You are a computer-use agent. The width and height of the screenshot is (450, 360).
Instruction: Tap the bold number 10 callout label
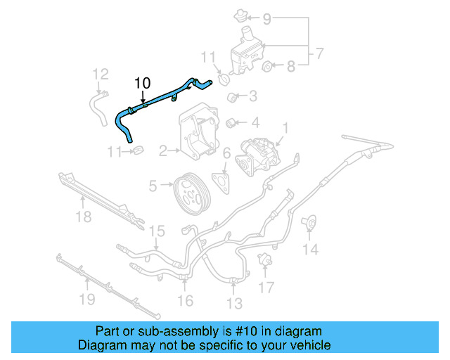click(x=142, y=83)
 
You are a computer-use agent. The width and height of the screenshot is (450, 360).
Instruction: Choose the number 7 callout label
click(x=319, y=53)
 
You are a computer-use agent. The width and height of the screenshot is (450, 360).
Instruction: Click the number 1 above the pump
click(x=285, y=128)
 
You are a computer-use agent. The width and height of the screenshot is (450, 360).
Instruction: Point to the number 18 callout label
click(x=83, y=217)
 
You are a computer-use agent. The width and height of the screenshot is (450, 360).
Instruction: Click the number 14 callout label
click(x=310, y=248)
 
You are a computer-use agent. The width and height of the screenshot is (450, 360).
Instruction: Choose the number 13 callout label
click(x=234, y=303)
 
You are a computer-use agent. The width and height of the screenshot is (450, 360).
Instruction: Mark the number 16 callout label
click(x=184, y=301)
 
